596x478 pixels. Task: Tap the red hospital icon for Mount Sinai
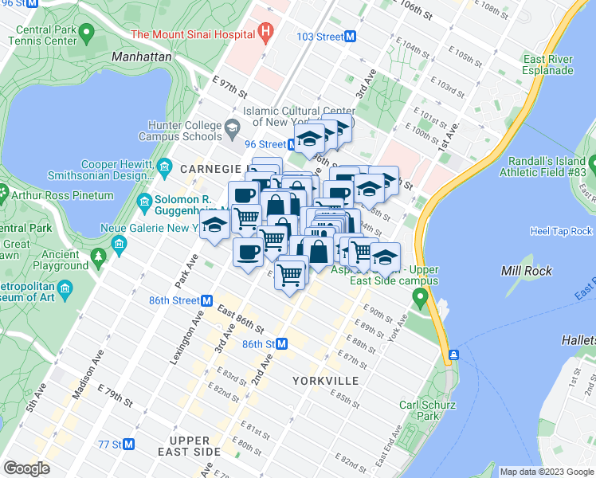266,34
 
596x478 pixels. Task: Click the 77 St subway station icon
128,444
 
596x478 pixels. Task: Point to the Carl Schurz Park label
427,409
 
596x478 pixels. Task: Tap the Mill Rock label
522,271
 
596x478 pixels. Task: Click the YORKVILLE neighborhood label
325,381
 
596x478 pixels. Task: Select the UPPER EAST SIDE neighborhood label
190,445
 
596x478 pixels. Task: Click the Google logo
26,468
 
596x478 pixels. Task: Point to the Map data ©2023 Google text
547,472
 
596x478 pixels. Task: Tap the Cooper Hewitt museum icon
164,165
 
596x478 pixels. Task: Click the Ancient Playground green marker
98,257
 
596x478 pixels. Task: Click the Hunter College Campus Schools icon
232,127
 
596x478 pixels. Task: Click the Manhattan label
142,57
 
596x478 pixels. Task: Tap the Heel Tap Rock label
561,231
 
